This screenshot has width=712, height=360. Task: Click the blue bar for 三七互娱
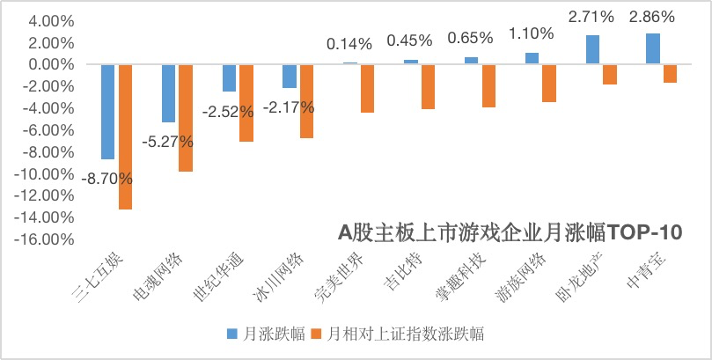coord(108,112)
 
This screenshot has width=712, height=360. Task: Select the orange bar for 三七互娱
coord(125,136)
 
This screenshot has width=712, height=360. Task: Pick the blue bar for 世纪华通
coord(229,78)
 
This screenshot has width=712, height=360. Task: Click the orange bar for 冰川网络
coord(305,101)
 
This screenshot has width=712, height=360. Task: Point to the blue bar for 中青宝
coord(652,49)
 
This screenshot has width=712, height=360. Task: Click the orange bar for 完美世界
coord(367,88)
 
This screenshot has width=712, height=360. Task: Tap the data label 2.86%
coord(652,17)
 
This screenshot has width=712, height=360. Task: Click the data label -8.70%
coord(106,179)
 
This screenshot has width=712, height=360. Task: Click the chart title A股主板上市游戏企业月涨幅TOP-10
coord(510,232)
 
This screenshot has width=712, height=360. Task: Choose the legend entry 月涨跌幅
coord(268,334)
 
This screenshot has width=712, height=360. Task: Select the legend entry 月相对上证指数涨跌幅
coord(400,334)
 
